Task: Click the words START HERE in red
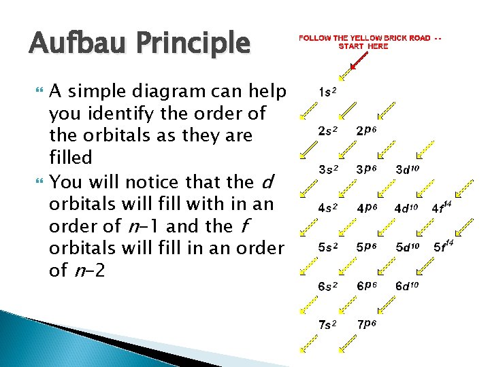(363, 46)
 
